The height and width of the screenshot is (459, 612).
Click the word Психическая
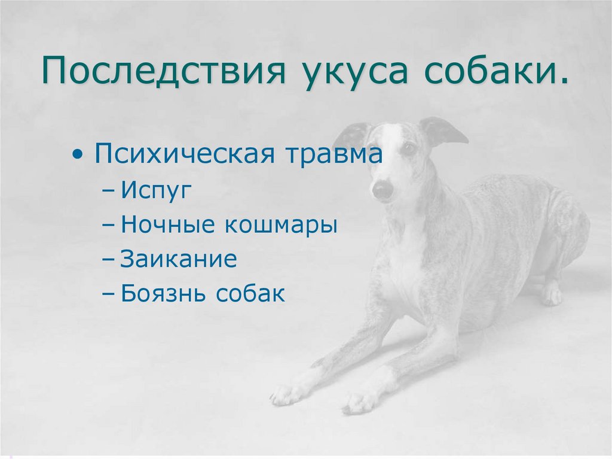(x=183, y=154)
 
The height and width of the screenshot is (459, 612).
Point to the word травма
(x=332, y=154)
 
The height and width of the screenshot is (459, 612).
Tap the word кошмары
(x=281, y=226)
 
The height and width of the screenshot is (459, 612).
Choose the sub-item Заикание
(x=179, y=260)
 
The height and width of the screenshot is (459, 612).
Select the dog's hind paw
(x=551, y=293)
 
